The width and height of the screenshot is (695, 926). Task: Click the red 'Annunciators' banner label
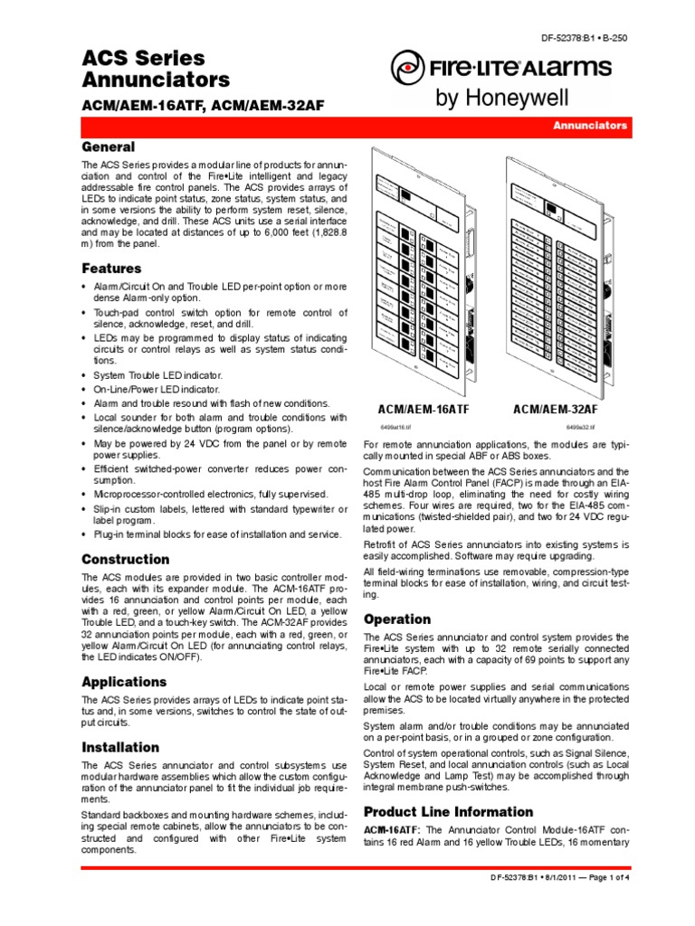590,126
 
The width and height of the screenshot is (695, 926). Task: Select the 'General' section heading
109,146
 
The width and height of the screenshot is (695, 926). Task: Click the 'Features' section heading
111,269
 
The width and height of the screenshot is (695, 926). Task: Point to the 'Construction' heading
125,559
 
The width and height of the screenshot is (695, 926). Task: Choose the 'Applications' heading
124,681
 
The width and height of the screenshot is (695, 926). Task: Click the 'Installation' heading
120,747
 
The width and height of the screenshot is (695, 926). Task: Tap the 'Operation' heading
396,619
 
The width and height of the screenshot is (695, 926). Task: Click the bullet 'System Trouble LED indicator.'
157,375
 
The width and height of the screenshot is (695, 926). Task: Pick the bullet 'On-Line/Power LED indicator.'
156,389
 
